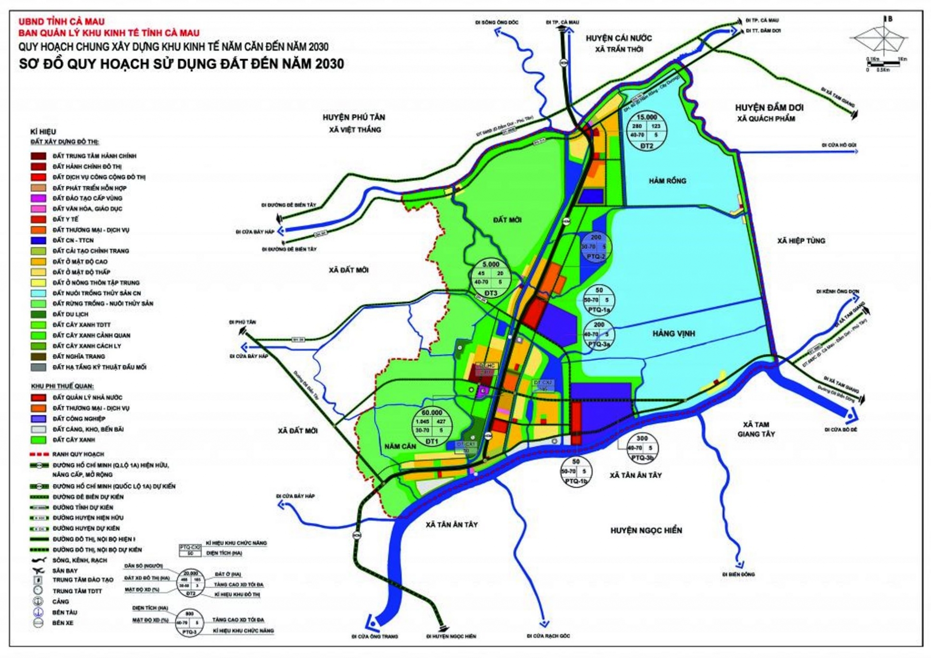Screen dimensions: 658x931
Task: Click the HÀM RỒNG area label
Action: [667, 181]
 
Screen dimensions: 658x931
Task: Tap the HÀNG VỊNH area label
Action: [673, 334]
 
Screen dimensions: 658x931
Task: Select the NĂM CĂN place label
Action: [400, 446]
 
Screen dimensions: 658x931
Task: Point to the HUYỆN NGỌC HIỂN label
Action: [646, 530]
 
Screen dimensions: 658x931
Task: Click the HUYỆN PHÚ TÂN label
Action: [353, 117]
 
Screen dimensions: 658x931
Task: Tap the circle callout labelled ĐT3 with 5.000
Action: [491, 278]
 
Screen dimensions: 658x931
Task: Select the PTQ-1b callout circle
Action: [576, 471]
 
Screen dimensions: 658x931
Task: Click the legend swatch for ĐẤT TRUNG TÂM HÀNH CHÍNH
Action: [38, 156]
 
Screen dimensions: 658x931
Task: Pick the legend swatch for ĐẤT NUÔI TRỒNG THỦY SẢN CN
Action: [38, 293]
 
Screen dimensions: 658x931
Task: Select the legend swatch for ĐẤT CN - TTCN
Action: [38, 241]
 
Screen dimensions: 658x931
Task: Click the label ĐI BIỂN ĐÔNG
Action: [738, 575]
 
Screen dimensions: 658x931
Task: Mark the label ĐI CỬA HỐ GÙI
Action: [838, 145]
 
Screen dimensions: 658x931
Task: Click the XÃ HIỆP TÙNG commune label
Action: [801, 241]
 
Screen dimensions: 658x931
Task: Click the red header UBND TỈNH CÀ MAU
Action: [61, 22]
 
